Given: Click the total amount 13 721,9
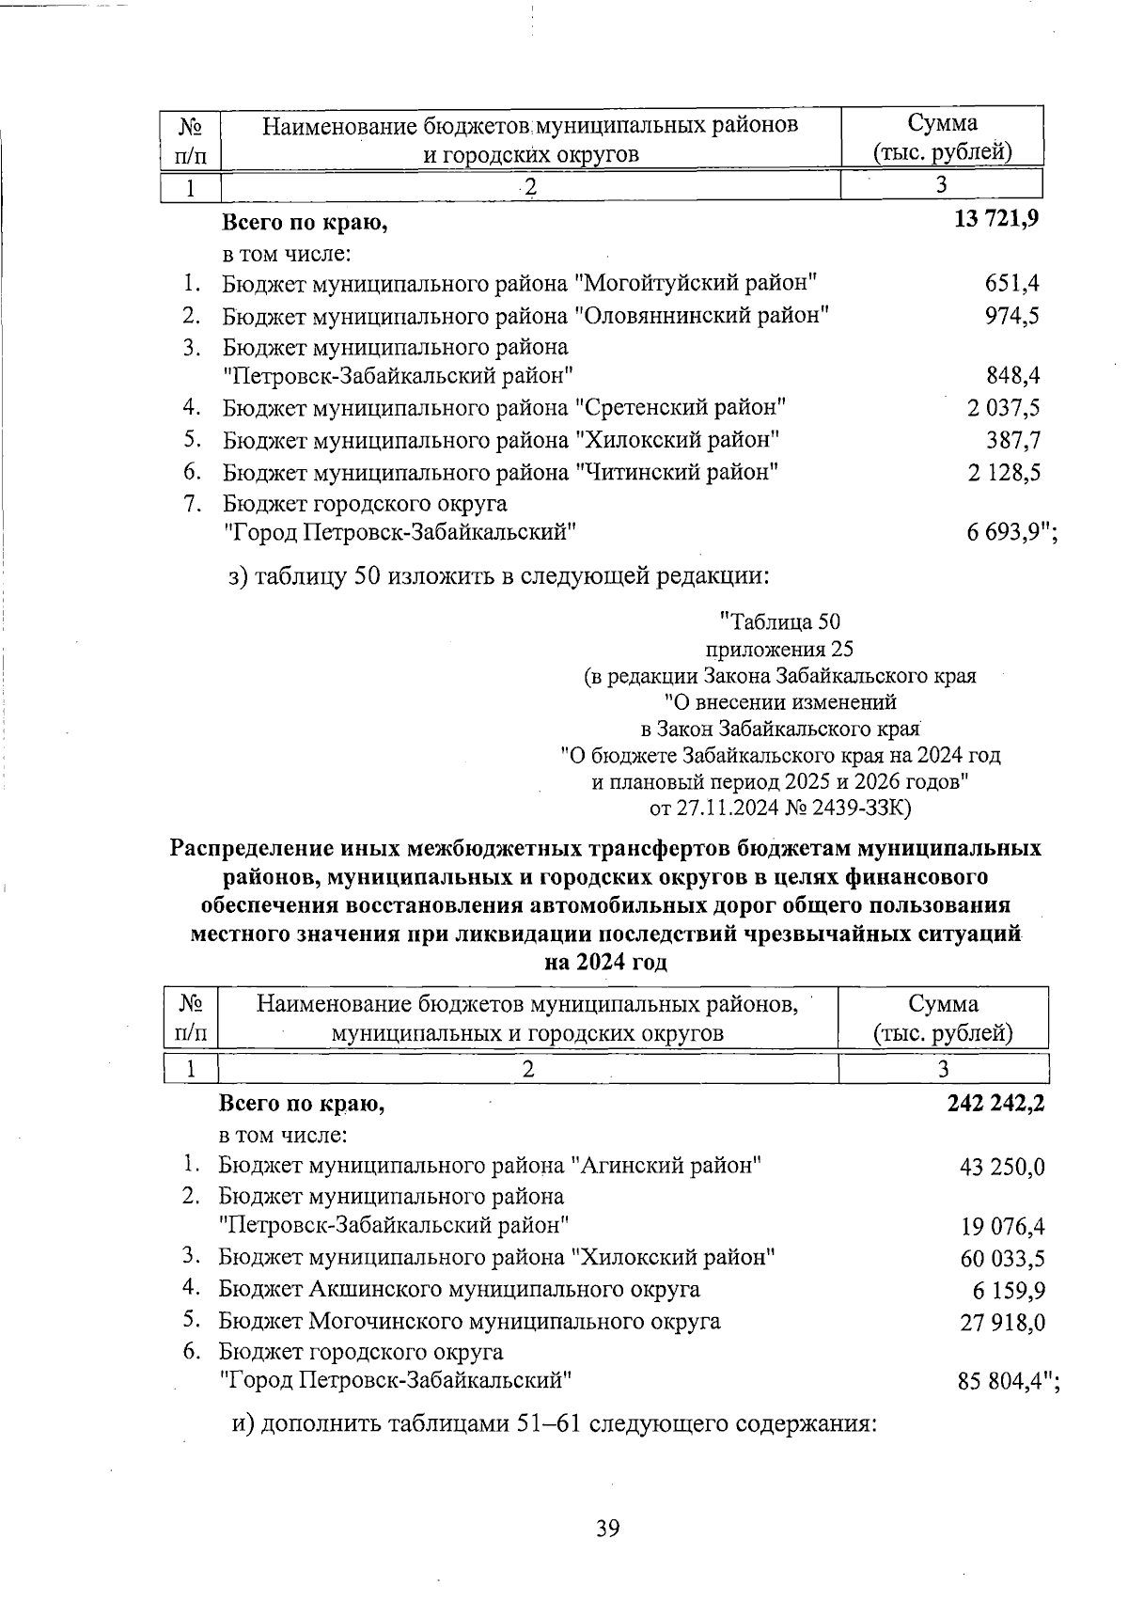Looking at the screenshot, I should [995, 222].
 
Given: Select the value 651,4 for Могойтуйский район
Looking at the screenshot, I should [1011, 283].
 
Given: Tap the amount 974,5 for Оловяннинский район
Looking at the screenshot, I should [1011, 315].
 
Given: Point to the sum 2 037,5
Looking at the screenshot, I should [1003, 408].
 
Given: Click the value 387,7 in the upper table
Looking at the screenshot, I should [1011, 440].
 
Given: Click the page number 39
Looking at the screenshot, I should [607, 1528].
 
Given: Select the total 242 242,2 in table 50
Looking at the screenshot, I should [995, 1104].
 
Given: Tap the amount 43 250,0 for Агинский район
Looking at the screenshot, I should [1001, 1168].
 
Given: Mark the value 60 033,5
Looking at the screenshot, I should [1001, 1259].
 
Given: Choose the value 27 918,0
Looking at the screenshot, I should [1001, 1323].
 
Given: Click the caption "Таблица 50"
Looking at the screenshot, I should [779, 621].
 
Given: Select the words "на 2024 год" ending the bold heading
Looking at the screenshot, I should [606, 963].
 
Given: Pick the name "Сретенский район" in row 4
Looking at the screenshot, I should [680, 408].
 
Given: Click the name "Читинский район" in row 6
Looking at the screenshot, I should [676, 472].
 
